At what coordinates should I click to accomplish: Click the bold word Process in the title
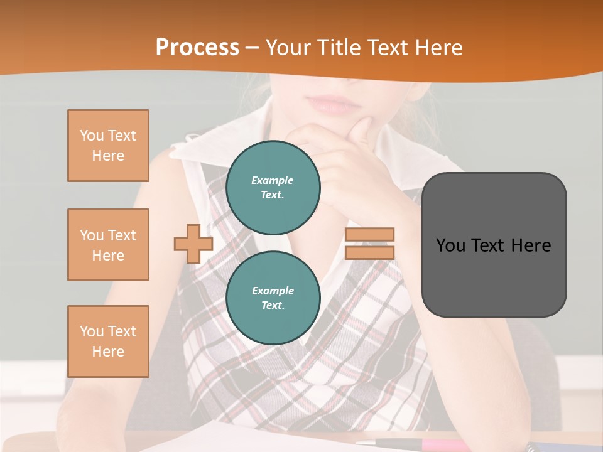tap(197, 48)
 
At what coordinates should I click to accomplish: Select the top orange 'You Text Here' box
tap(108, 146)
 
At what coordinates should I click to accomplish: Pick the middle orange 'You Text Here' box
tap(108, 245)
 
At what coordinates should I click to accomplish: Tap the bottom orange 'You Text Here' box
tap(108, 342)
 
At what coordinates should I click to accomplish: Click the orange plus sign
tap(193, 244)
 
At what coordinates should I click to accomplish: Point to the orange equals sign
tap(369, 244)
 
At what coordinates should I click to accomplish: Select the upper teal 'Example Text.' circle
tap(273, 188)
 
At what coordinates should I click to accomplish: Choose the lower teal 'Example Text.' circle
tap(273, 298)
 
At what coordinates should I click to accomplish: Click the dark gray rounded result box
tap(494, 245)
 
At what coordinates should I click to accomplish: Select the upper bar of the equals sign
tap(369, 235)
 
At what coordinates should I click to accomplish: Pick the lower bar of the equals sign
tap(369, 252)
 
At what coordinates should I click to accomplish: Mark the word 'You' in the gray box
tap(451, 245)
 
